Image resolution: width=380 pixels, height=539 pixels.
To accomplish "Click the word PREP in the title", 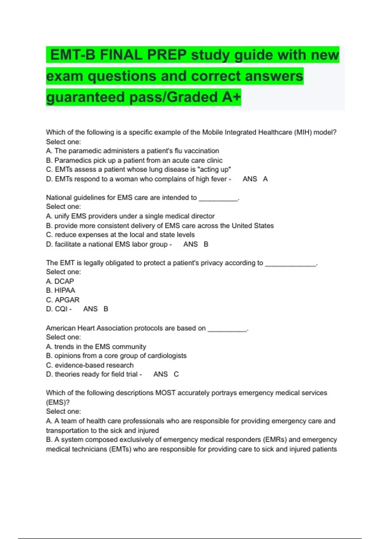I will (167, 55).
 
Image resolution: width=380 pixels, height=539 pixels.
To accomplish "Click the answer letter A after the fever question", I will (265, 179).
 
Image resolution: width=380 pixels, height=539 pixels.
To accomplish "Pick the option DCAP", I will (64, 282).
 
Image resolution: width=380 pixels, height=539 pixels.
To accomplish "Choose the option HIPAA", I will (65, 290).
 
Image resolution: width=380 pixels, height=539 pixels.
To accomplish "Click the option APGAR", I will (67, 300).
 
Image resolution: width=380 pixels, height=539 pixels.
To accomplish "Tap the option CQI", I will (61, 309).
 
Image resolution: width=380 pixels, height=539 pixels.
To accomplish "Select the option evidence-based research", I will (94, 365).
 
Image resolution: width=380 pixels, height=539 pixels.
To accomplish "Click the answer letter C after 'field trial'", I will (176, 374).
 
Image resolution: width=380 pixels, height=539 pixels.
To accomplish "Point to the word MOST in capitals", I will (165, 393).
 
